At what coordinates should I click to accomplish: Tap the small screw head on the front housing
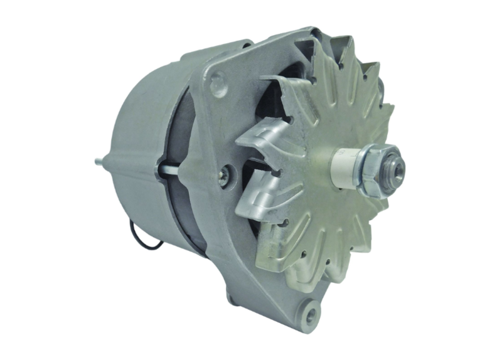[x=223, y=176]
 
